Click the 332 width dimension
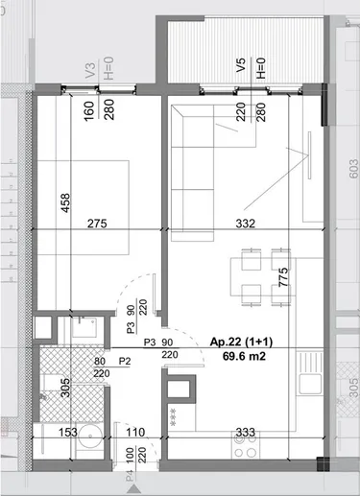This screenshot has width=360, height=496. click(249, 224)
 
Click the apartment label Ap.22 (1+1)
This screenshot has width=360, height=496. click(238, 342)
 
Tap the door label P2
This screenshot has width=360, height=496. click(124, 361)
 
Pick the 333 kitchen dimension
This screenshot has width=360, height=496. click(245, 432)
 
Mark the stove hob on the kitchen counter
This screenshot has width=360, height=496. click(242, 445)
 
